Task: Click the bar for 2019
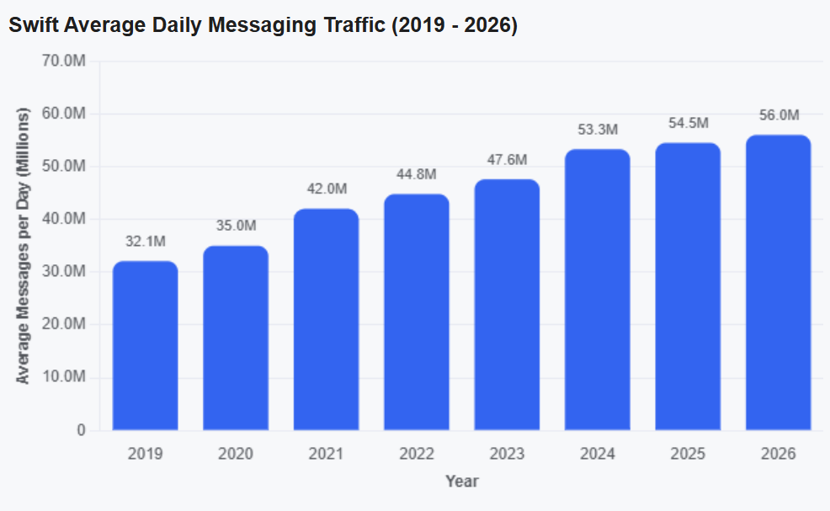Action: (145, 345)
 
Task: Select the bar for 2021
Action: (326, 319)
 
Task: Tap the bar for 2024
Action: (597, 290)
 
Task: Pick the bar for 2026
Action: (778, 282)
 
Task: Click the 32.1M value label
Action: (146, 242)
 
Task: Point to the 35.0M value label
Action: (236, 226)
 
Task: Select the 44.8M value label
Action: (417, 174)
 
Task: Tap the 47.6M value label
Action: (507, 159)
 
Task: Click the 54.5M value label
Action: (688, 123)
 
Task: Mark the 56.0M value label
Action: (779, 114)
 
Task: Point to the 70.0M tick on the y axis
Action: (63, 61)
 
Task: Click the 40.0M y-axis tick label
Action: (63, 219)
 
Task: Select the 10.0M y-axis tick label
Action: (63, 376)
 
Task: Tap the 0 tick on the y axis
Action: (81, 430)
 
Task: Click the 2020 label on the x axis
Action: (236, 454)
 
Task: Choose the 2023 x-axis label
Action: (507, 454)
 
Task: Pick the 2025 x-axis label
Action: (688, 454)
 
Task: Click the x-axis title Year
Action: (462, 482)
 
